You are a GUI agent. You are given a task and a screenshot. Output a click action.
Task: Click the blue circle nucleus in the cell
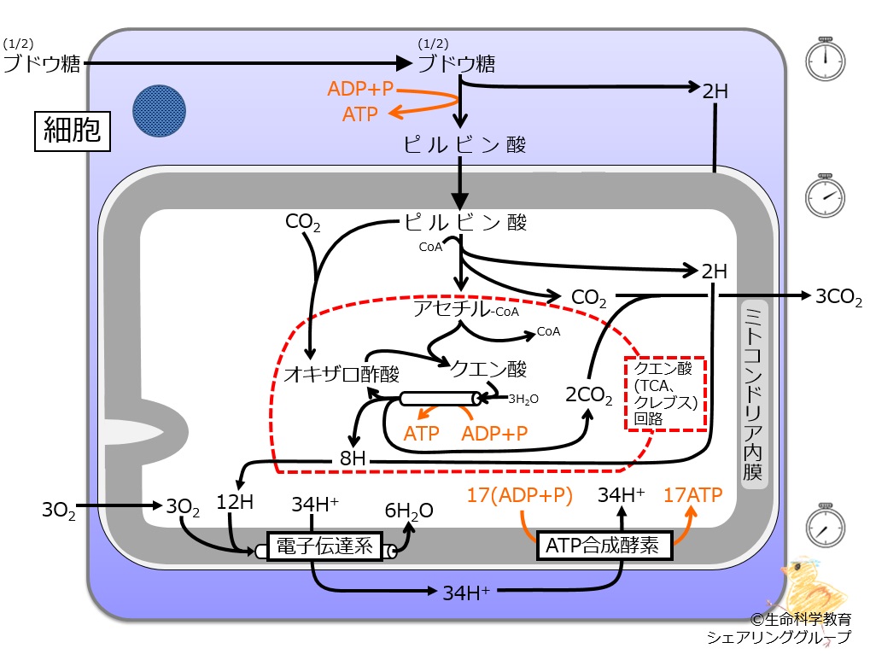(x=160, y=111)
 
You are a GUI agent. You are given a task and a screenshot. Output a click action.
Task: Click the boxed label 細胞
(x=72, y=131)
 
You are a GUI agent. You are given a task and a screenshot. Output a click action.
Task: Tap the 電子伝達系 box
(x=324, y=546)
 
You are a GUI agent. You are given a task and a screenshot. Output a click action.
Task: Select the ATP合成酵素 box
(x=604, y=546)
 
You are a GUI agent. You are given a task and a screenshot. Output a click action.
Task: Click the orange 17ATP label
(x=693, y=494)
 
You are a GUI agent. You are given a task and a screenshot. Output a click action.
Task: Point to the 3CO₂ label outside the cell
(x=838, y=297)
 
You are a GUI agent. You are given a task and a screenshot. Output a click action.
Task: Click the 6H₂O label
(x=409, y=511)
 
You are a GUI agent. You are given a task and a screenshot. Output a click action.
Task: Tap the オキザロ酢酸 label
(x=342, y=374)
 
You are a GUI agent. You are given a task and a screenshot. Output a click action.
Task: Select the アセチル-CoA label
(x=466, y=308)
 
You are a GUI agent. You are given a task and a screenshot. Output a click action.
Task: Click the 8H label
(x=353, y=458)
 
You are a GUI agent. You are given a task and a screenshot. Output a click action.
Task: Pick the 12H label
(x=235, y=502)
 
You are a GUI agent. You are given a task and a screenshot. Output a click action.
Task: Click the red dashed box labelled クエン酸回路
(x=665, y=394)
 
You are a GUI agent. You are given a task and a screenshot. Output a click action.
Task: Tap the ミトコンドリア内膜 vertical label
(x=755, y=394)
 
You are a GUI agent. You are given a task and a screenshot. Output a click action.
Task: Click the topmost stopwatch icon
(x=825, y=59)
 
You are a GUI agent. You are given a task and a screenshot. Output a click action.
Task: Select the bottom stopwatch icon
(x=825, y=525)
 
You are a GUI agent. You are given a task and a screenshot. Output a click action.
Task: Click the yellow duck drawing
(x=814, y=585)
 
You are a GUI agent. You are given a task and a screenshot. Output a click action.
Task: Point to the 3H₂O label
(x=523, y=399)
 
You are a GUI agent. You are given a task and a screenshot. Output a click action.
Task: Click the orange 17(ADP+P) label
(x=519, y=495)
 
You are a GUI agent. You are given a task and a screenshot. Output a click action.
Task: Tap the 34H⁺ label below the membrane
(x=466, y=593)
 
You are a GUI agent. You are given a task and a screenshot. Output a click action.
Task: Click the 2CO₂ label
(x=589, y=395)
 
